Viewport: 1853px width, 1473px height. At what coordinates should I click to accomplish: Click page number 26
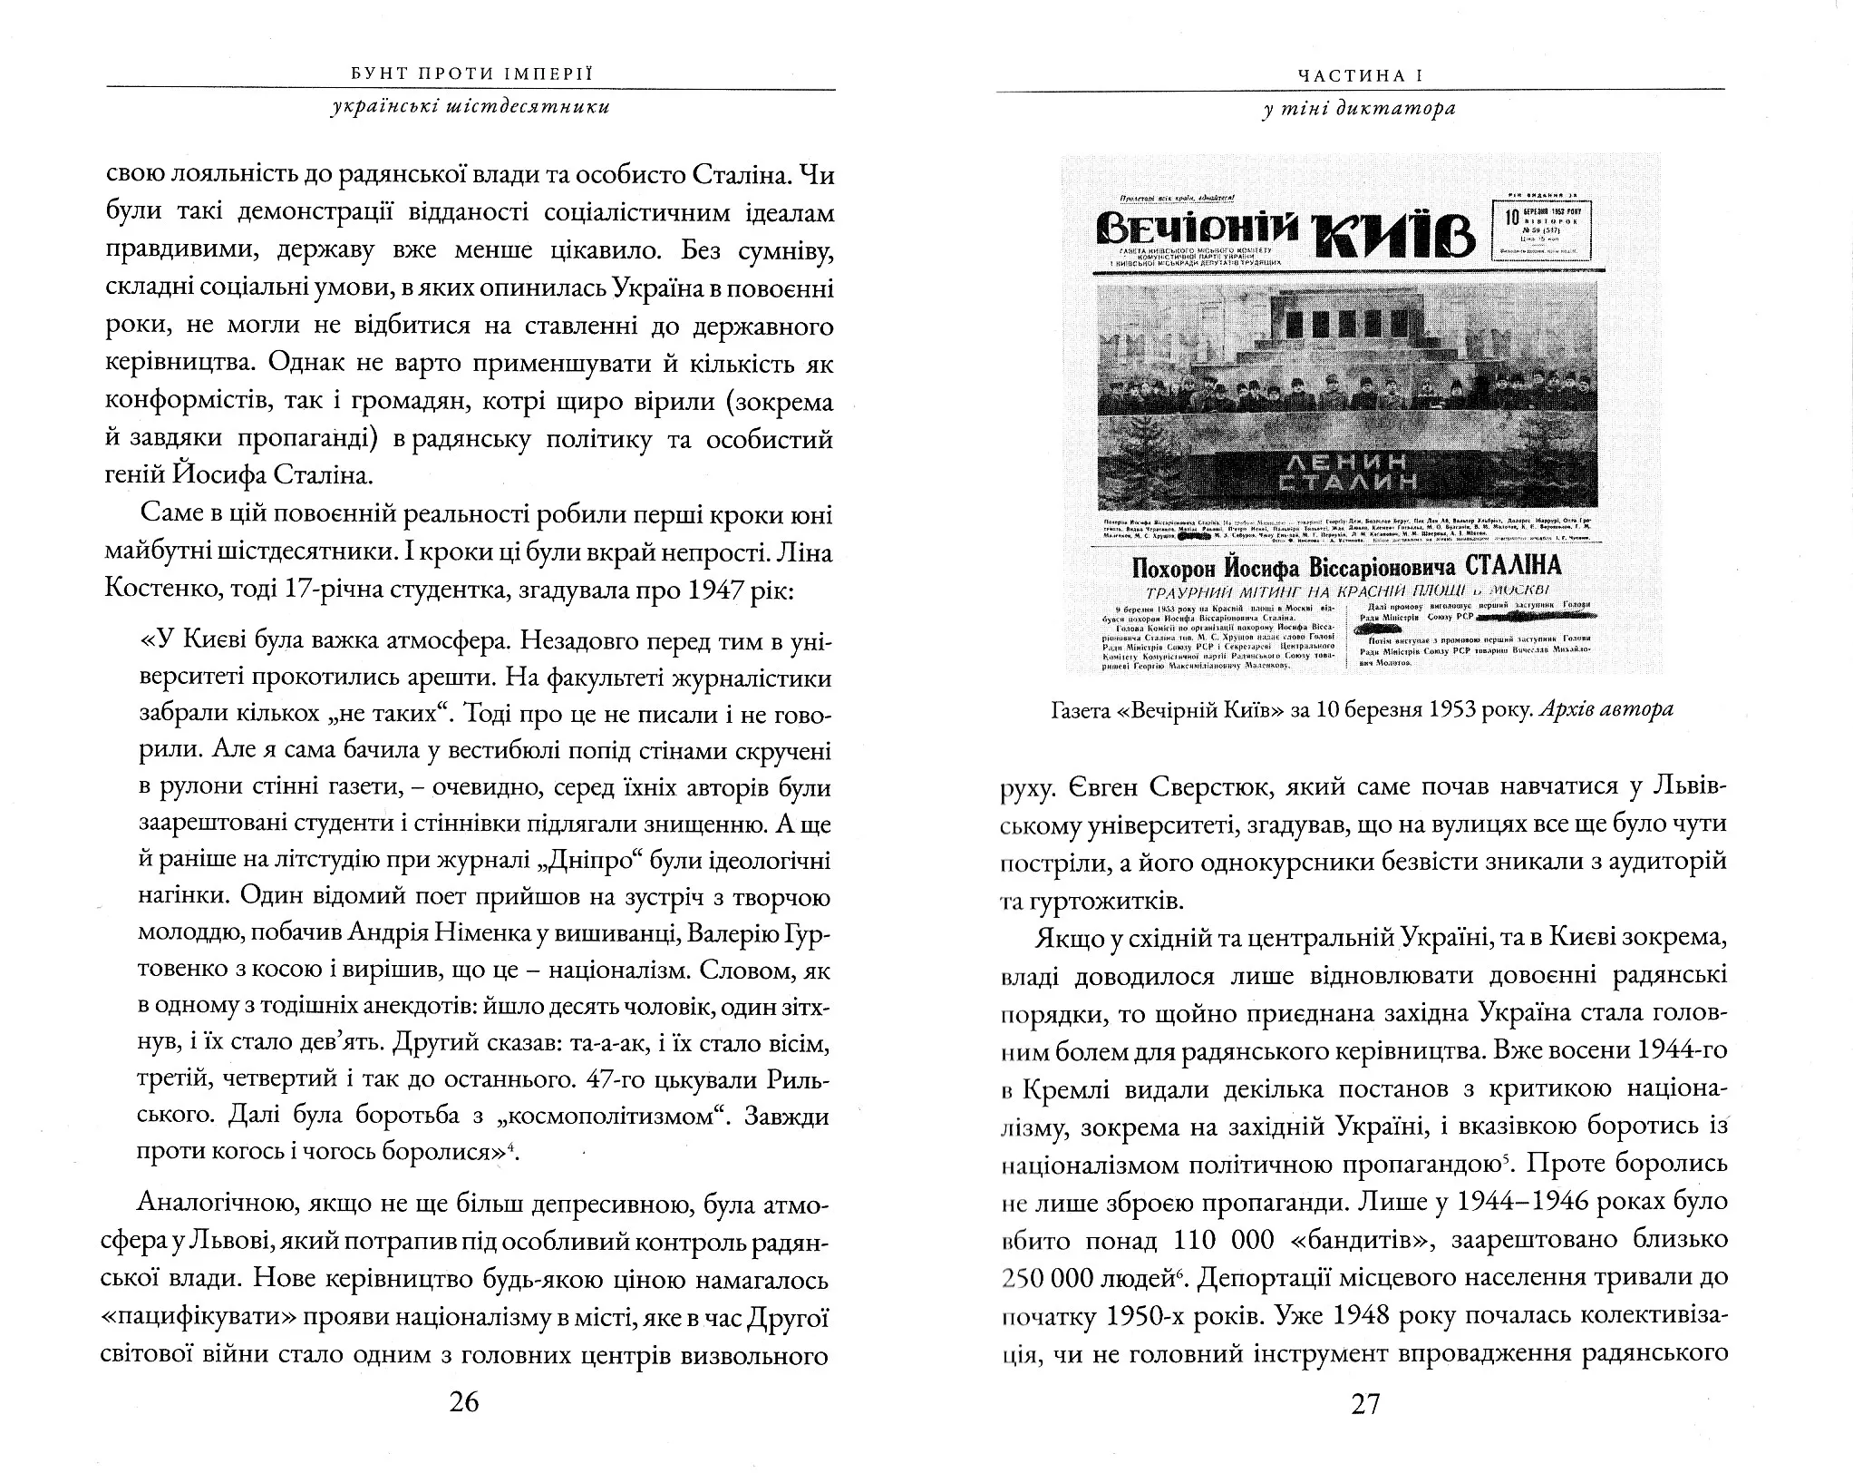(463, 1402)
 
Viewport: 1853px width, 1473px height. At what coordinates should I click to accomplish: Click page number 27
(1365, 1404)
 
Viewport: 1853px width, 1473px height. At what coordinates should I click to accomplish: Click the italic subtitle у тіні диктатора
(1359, 109)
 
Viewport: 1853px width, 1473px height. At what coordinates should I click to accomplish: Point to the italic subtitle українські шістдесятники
(471, 106)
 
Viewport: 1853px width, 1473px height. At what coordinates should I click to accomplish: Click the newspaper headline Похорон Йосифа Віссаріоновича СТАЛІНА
(1346, 567)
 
